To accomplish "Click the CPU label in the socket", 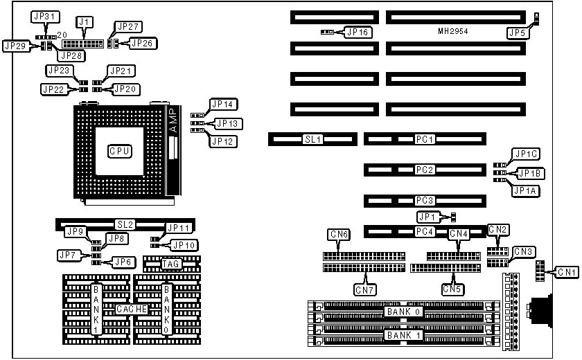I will coord(120,150).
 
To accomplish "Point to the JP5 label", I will coord(517,32).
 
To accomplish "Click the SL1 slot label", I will coord(312,139).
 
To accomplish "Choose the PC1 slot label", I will coord(423,139).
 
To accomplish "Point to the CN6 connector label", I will coord(339,235).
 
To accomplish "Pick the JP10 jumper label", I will coord(184,244).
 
